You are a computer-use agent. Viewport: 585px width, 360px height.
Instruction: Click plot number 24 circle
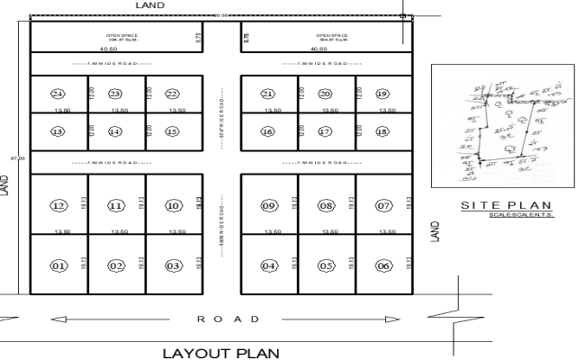point(58,94)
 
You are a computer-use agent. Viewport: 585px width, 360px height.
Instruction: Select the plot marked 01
point(58,265)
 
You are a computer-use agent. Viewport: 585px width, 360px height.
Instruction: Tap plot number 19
point(382,94)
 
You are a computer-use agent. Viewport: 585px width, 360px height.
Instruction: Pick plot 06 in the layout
point(382,265)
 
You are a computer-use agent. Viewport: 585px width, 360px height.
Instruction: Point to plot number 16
point(268,131)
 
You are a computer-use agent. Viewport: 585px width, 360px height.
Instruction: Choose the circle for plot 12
point(58,206)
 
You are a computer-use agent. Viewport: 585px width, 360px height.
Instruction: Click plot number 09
point(268,206)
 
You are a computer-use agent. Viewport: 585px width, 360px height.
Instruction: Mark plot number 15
point(173,131)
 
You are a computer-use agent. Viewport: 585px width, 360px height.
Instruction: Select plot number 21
point(268,94)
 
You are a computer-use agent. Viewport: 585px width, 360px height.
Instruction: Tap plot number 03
point(173,265)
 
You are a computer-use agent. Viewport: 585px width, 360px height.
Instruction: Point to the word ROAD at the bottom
point(229,319)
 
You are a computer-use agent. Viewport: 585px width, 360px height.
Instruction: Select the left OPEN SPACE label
point(121,36)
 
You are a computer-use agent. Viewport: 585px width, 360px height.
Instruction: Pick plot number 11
point(116,206)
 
